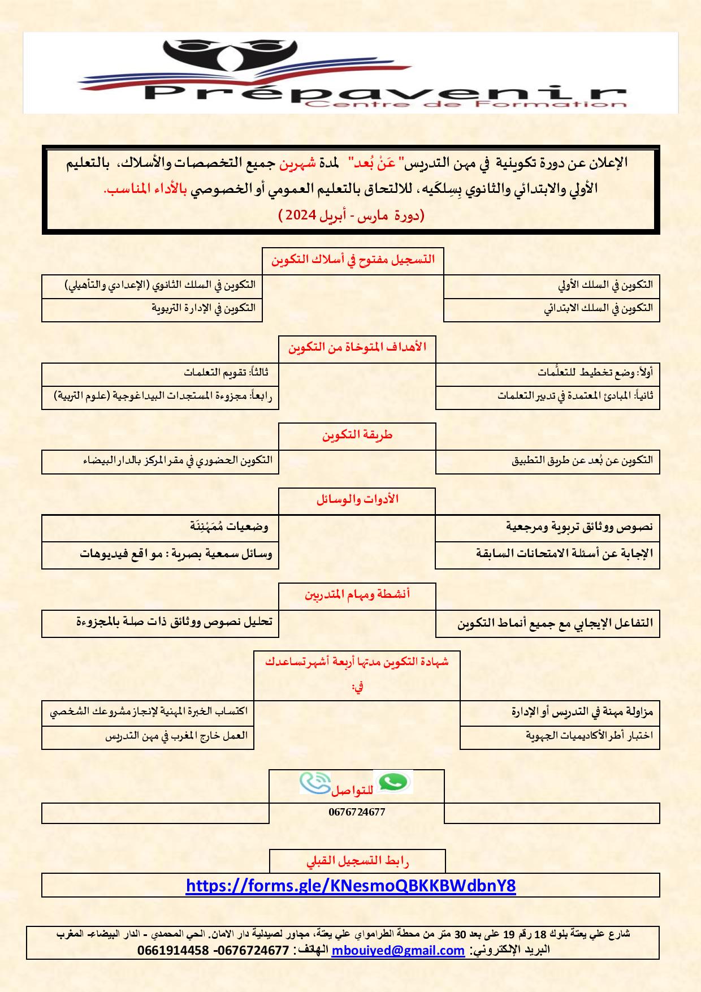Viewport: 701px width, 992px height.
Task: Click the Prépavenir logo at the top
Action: (x=350, y=74)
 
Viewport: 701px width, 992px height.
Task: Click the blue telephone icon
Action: (x=314, y=783)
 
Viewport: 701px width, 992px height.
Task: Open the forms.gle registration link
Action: (x=350, y=885)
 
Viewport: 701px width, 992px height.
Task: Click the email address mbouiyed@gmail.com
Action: (x=398, y=951)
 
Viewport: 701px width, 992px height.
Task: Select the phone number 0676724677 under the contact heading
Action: (x=357, y=812)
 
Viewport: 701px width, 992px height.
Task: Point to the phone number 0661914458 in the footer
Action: (x=173, y=951)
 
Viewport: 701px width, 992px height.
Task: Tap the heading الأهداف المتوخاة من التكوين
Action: (x=357, y=347)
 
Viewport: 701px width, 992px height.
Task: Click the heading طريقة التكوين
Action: (x=357, y=435)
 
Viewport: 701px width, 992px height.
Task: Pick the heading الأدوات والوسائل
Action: (x=357, y=499)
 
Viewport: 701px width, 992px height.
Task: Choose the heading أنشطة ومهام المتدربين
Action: (x=357, y=594)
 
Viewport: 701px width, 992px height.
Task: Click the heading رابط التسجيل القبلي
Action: (x=357, y=861)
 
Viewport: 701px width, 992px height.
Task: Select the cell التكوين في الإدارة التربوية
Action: (x=204, y=308)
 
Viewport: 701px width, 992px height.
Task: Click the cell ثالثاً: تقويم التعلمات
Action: (x=226, y=372)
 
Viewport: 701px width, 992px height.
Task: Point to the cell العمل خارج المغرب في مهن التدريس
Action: (x=176, y=736)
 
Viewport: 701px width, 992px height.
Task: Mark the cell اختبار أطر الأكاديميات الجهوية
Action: (x=589, y=736)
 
